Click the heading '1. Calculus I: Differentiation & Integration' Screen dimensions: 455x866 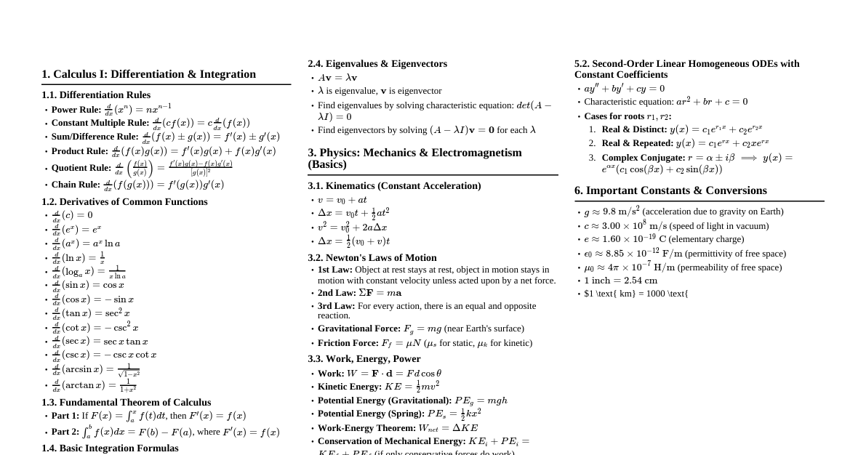[149, 74]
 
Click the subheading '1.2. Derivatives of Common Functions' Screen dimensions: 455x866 [124, 201]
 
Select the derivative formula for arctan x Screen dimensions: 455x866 [94, 385]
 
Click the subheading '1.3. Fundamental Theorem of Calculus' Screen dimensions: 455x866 [127, 402]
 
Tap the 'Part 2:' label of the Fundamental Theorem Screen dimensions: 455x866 [65, 432]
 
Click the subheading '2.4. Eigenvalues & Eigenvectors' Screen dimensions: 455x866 [377, 64]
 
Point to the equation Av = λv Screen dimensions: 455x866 [337, 78]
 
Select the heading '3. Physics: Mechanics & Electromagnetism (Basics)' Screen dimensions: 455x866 [414, 158]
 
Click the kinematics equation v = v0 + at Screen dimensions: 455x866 [342, 200]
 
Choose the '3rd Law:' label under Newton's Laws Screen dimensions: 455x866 [337, 306]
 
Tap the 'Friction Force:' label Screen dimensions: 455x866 [348, 343]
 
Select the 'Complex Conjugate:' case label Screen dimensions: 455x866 [644, 158]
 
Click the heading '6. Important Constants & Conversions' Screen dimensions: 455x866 [670, 190]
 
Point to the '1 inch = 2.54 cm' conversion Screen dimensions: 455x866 [621, 281]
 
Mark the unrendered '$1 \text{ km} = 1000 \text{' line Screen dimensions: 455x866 [636, 294]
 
